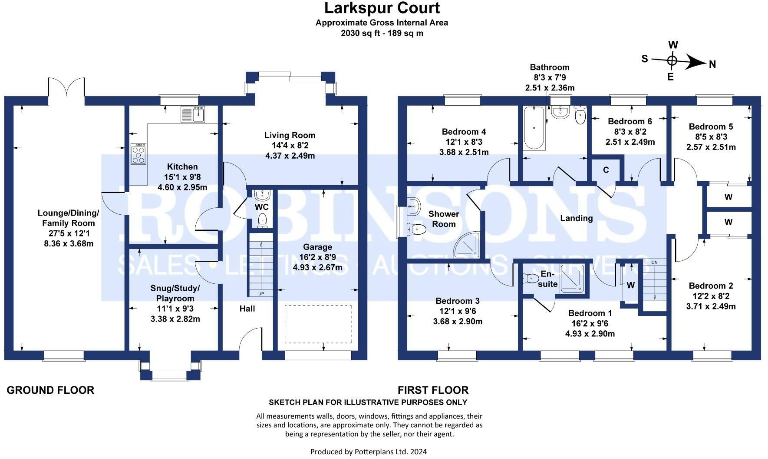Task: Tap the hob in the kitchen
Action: (138, 154)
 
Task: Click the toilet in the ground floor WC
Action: (262, 220)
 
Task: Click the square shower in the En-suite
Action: (572, 279)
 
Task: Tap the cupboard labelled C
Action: (606, 170)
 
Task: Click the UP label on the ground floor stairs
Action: (261, 294)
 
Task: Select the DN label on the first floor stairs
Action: (655, 262)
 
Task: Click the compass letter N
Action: (712, 64)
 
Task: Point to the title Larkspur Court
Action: (382, 8)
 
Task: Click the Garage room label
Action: (318, 247)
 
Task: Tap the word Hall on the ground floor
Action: (247, 309)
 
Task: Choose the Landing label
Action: (576, 218)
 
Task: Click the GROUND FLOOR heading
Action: (50, 390)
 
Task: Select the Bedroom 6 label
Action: (630, 121)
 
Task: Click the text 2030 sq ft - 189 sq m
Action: (382, 33)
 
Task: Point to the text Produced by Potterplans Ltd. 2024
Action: (369, 452)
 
